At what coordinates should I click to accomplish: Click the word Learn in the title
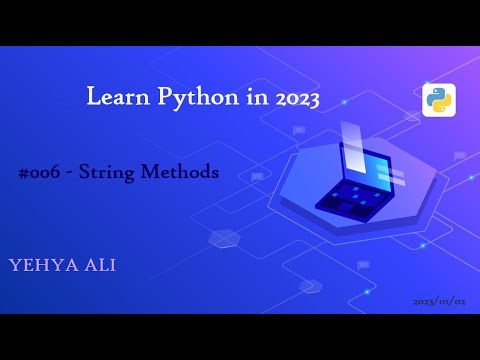(114, 98)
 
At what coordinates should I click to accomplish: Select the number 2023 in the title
(290, 98)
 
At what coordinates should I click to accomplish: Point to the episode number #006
(41, 172)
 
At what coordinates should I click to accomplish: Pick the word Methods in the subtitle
(183, 172)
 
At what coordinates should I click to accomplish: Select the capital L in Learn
(94, 97)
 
